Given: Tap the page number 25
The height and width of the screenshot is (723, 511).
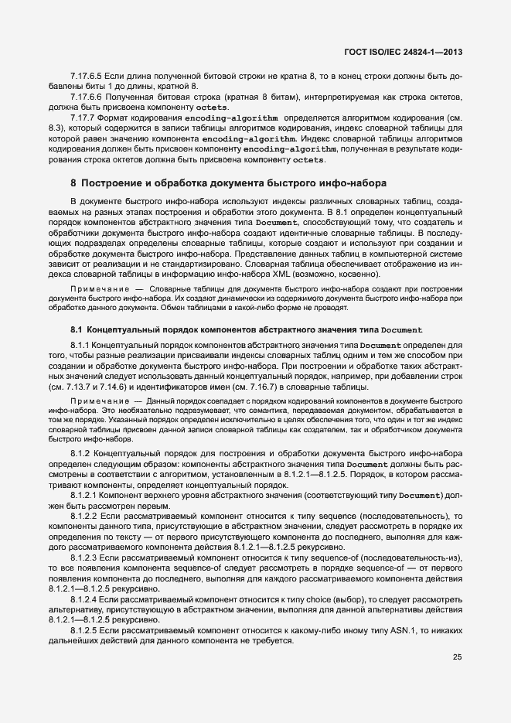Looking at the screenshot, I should (x=458, y=657).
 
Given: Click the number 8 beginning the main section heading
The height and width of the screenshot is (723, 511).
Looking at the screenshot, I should (x=73, y=184).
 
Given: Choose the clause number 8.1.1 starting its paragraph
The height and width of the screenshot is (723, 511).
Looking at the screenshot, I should (x=81, y=344).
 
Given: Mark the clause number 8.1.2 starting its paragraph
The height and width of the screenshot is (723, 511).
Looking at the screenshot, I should (x=81, y=452).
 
